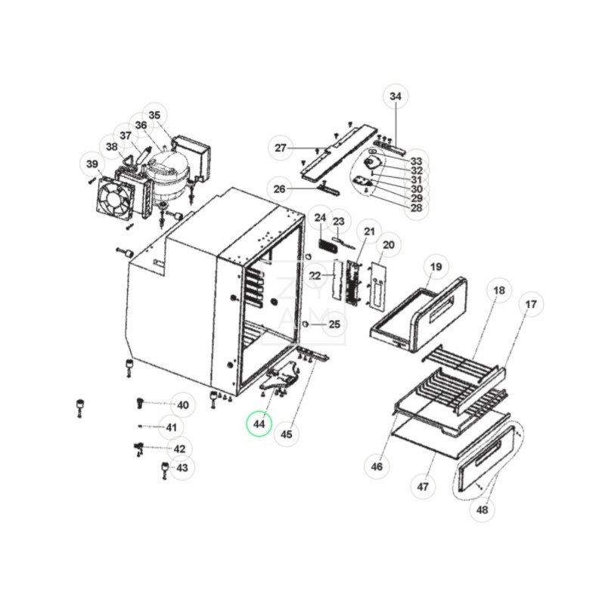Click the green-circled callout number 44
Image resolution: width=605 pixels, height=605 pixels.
click(259, 424)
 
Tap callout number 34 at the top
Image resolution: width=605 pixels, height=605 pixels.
click(396, 96)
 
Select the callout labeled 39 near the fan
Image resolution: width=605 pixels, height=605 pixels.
click(92, 164)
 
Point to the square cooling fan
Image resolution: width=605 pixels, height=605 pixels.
click(115, 199)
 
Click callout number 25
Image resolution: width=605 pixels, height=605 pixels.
click(334, 324)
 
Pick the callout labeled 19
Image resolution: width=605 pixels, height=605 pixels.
click(436, 267)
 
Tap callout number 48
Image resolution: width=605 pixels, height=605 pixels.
click(482, 510)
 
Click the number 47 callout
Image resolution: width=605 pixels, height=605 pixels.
click(423, 486)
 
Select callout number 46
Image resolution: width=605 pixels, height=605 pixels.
click(377, 467)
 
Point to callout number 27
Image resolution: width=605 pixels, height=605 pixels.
click(281, 147)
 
